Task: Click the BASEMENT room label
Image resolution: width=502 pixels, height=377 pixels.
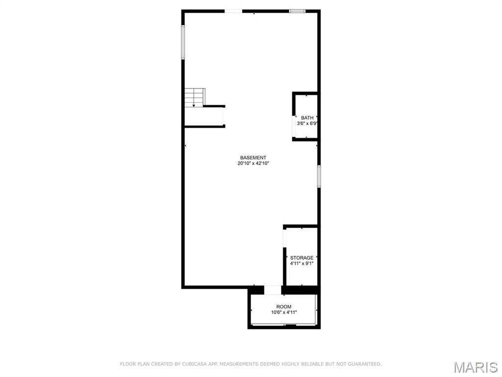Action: point(253,158)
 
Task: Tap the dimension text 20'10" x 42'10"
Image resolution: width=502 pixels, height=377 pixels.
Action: point(253,163)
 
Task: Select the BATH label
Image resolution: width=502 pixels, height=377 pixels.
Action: point(307,118)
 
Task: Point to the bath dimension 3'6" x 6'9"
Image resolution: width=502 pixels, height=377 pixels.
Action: point(307,124)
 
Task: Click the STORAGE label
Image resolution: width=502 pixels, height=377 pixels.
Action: point(301,258)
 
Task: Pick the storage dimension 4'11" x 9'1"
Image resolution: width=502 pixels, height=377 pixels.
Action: point(301,264)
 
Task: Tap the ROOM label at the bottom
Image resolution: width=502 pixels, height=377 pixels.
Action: point(284,306)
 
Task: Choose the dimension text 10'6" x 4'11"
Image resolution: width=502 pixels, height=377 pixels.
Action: point(284,312)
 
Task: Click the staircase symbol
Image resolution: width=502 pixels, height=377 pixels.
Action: point(195,97)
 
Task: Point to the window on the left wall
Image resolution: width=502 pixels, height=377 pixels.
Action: point(183,42)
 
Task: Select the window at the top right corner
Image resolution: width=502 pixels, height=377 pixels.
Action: point(297,11)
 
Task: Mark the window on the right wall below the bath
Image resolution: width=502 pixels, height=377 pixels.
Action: point(319,176)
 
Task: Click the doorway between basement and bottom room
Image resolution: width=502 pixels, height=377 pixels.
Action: point(273,290)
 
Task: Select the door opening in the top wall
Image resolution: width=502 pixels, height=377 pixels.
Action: point(233,11)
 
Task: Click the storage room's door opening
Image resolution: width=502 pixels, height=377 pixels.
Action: point(284,238)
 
